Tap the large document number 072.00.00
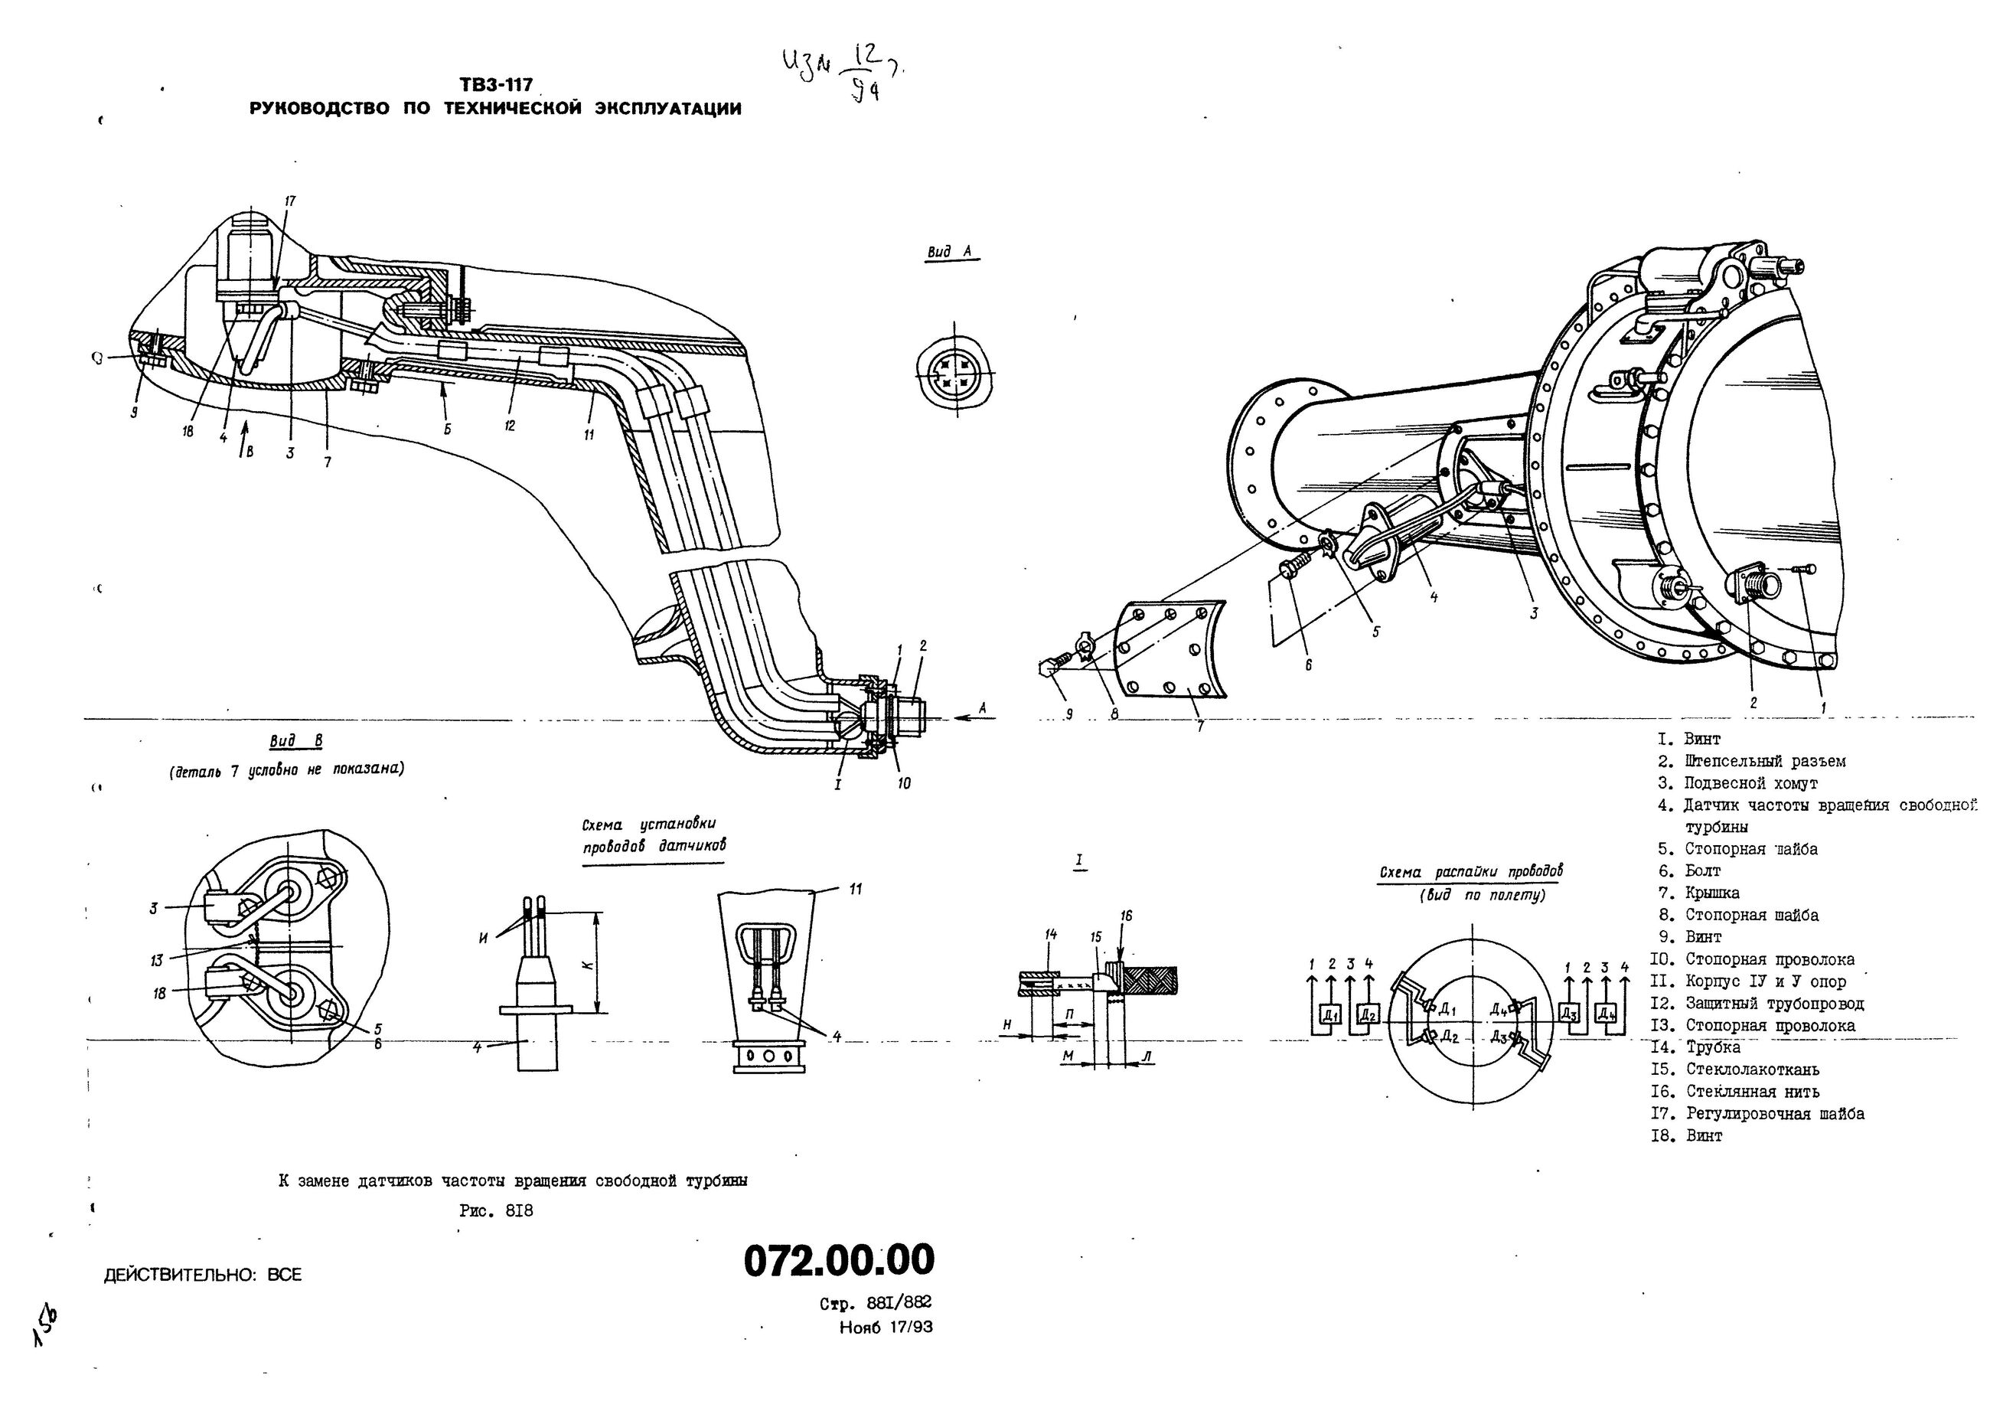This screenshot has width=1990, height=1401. (839, 1259)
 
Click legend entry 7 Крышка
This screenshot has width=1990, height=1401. (1711, 893)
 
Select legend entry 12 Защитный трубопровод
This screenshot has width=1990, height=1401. (1773, 1004)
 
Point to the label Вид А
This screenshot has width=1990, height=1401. (950, 253)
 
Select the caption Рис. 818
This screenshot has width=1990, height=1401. (497, 1211)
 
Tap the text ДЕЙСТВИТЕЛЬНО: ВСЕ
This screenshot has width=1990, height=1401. (203, 1275)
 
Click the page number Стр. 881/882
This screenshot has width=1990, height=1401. (876, 1304)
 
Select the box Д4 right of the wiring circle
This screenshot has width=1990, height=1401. (1606, 1013)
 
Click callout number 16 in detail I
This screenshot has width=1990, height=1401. (1127, 916)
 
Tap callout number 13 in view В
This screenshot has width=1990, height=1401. (156, 961)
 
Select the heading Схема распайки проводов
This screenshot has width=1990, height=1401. (1471, 872)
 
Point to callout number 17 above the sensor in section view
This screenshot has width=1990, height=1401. (290, 201)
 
